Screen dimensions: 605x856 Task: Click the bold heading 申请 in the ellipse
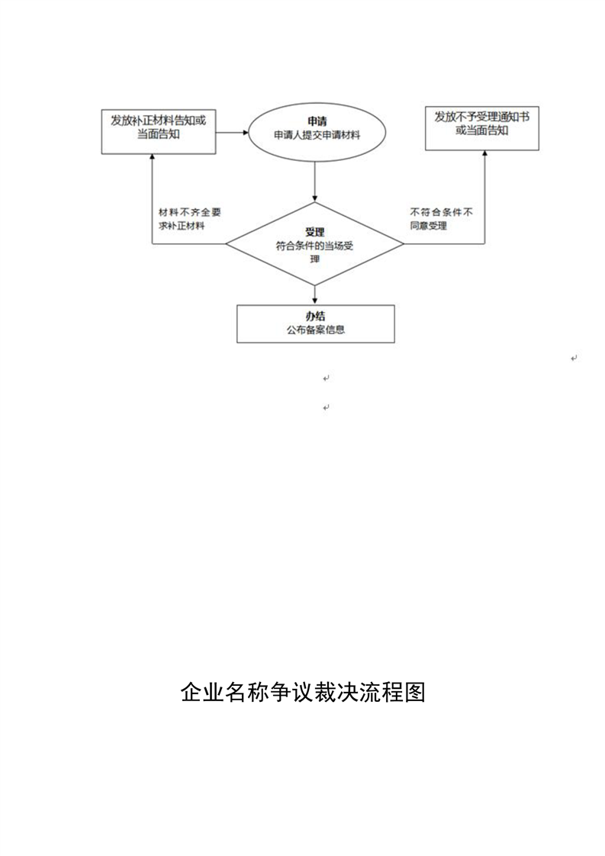317,122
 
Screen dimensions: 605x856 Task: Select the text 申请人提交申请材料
317,135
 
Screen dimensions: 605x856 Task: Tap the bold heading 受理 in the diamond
314,233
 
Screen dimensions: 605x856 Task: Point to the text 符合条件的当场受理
314,253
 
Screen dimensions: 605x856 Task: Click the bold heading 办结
315,316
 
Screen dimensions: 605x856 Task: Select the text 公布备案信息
316,330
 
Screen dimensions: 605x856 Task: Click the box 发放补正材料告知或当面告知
159,131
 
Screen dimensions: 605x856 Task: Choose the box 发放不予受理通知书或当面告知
482,128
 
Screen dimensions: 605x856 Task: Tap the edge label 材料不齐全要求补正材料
189,219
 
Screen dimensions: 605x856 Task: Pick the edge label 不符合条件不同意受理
441,219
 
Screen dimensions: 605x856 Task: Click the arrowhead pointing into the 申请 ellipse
245,132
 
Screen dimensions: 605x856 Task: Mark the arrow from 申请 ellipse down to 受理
315,182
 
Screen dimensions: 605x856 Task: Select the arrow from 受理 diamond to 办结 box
315,294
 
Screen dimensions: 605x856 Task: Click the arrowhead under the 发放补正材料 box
153,157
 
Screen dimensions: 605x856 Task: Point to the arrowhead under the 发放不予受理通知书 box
485,154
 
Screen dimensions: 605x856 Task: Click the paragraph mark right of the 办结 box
574,358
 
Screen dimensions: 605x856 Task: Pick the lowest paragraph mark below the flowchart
326,407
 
